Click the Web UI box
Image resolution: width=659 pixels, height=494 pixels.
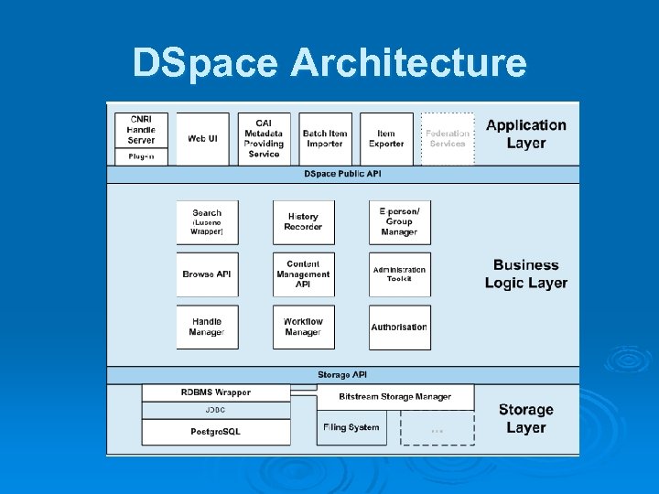pos(202,138)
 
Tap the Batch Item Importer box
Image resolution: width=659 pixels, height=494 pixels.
pos(325,138)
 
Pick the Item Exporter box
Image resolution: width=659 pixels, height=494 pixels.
pos(386,138)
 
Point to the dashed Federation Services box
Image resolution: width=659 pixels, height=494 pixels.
pos(448,138)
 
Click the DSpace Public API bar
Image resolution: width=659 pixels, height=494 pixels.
pos(343,174)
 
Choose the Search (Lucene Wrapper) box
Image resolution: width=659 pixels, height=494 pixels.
pos(207,222)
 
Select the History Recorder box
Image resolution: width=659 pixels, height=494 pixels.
pos(303,222)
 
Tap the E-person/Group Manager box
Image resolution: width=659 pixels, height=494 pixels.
pos(399,222)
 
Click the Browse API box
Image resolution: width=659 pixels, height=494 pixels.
pos(207,274)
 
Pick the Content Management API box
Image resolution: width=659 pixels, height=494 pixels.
pos(303,274)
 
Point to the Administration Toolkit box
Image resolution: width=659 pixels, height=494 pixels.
pos(399,274)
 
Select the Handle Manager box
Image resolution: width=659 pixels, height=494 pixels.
pos(207,327)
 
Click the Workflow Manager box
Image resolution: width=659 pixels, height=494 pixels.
pos(303,327)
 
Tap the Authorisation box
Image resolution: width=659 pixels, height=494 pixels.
pos(399,327)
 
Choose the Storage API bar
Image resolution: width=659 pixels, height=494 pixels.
pos(343,375)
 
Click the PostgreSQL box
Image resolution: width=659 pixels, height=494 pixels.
pos(216,432)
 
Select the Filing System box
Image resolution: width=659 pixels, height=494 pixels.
pos(351,427)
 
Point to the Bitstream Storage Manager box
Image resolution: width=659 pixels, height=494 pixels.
pos(395,397)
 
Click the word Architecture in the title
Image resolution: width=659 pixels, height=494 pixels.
pos(408,63)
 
